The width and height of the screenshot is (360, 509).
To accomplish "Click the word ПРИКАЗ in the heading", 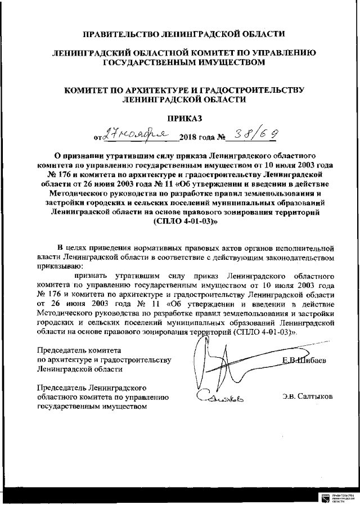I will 180,119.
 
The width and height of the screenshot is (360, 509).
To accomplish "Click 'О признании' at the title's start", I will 71,154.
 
